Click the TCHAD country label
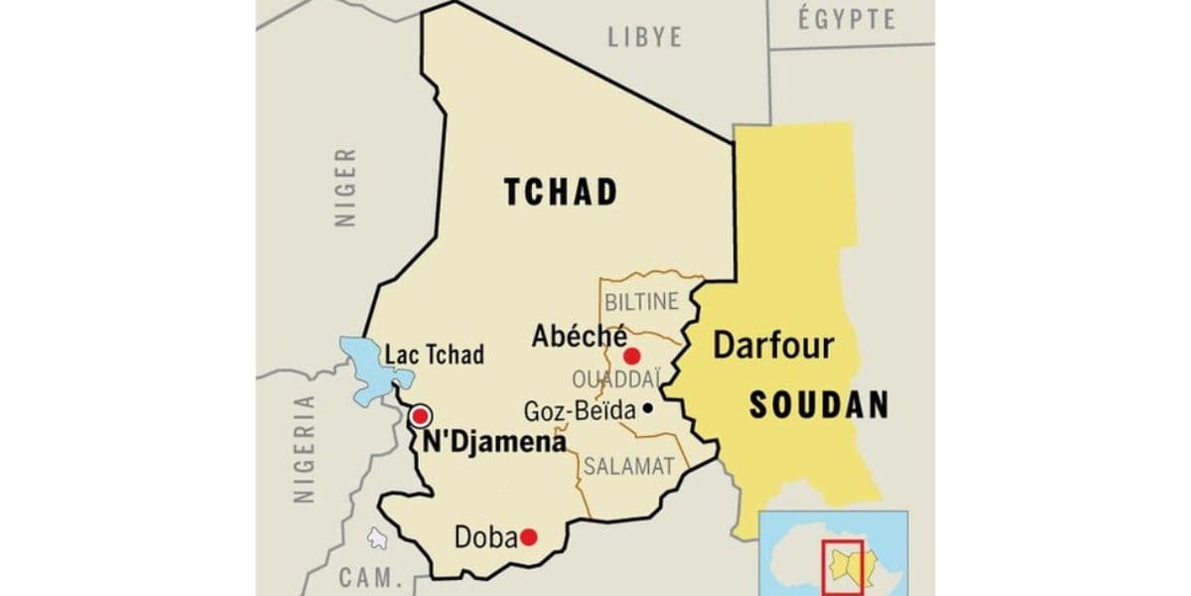(560, 192)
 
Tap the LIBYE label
(645, 37)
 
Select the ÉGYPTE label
(847, 19)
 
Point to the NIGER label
(345, 188)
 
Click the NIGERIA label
(305, 450)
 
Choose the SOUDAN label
(818, 404)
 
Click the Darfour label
(774, 346)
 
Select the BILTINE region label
(641, 300)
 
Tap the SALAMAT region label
(628, 465)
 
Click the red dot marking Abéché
(631, 356)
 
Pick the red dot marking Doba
(528, 537)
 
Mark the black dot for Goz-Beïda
(647, 407)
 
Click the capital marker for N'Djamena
(421, 415)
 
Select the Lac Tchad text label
(435, 355)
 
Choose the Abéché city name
(579, 337)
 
